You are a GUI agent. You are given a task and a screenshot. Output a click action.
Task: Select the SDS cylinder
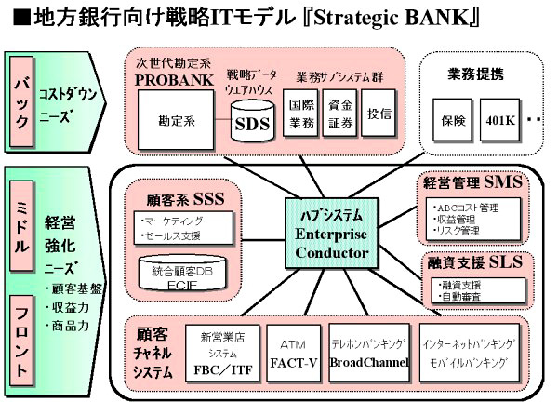coord(252,124)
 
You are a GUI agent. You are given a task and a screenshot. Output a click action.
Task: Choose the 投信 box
coord(379,114)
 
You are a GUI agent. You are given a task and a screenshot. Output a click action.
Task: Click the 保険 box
coord(451,121)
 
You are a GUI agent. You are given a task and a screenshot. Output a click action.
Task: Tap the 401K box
coord(496,121)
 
